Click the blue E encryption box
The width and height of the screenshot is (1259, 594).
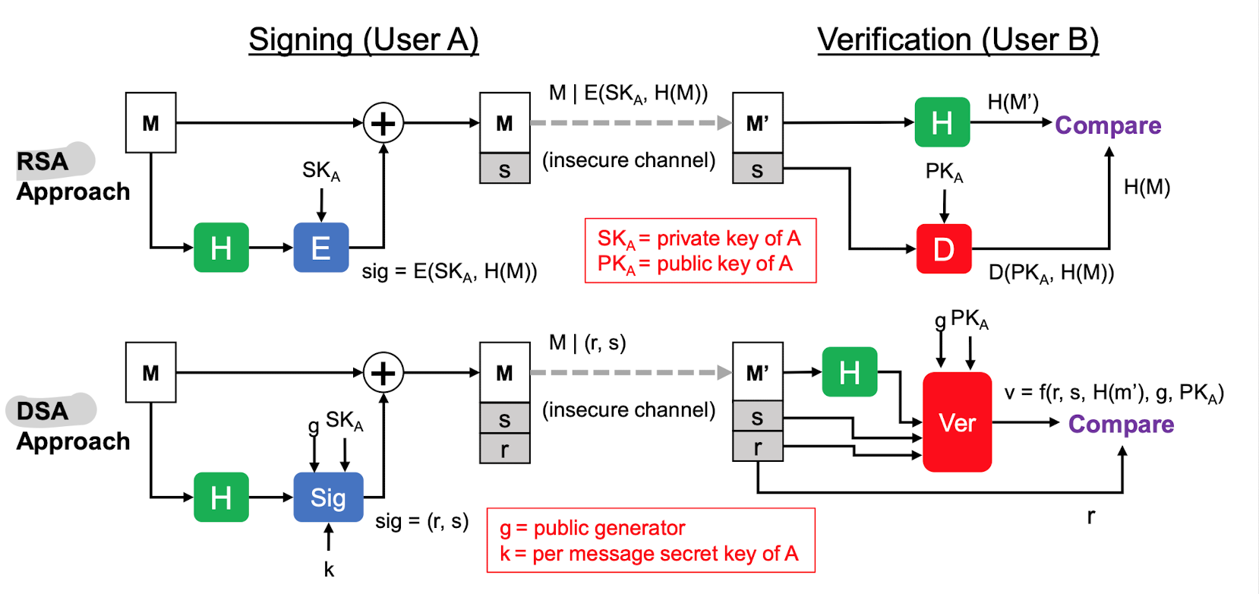320,248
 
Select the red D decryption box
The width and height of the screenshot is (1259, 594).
943,248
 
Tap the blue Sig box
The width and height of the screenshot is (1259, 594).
328,498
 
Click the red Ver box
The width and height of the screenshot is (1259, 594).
957,422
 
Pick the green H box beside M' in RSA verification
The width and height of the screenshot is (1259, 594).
942,122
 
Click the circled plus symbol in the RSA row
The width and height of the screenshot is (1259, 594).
383,123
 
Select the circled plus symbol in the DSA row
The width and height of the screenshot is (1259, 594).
383,373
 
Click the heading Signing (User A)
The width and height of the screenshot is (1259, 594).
364,39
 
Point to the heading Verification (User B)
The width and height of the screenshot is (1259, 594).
958,39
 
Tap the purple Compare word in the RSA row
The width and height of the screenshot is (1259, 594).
1107,125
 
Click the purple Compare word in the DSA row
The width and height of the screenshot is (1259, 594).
1121,424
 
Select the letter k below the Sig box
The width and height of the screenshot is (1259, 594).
329,570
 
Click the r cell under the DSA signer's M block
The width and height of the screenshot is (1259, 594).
504,449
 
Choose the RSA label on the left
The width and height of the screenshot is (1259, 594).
43,161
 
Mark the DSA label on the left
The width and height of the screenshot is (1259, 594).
43,411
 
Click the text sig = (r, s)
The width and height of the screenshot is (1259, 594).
421,521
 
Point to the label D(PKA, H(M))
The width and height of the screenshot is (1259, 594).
1051,273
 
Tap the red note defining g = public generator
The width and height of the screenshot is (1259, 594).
592,528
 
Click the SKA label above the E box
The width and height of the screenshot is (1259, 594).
321,171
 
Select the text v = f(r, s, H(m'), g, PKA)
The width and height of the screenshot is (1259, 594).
1113,393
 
